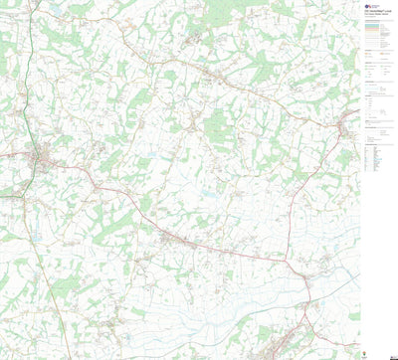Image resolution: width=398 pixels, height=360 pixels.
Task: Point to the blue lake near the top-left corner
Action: tap(56, 9)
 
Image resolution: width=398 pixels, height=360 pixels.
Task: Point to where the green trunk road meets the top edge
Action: tap(30, 2)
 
